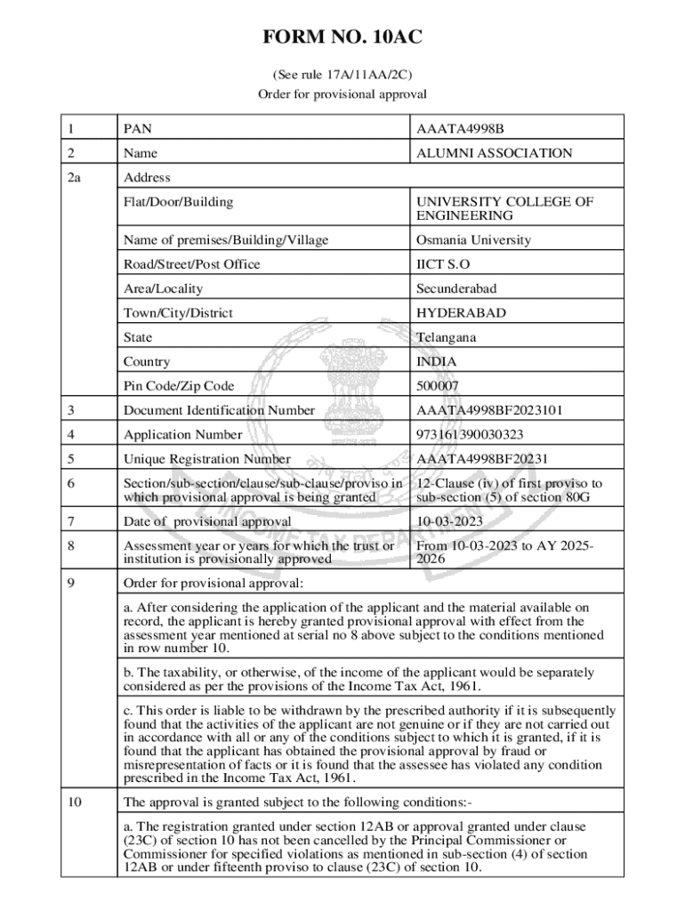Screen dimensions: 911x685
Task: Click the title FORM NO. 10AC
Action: point(342,37)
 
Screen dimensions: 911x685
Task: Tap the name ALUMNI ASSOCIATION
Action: point(494,153)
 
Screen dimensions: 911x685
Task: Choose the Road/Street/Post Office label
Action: point(192,264)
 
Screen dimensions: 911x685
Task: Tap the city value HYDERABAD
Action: point(461,313)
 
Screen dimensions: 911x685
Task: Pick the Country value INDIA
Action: point(437,362)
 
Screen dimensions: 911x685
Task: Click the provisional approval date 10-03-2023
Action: point(448,521)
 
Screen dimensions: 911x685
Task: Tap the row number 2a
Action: point(74,178)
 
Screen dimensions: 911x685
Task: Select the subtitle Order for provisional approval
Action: point(342,93)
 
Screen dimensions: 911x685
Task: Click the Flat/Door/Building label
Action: point(179,202)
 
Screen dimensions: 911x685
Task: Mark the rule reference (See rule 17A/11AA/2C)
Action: point(342,76)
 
